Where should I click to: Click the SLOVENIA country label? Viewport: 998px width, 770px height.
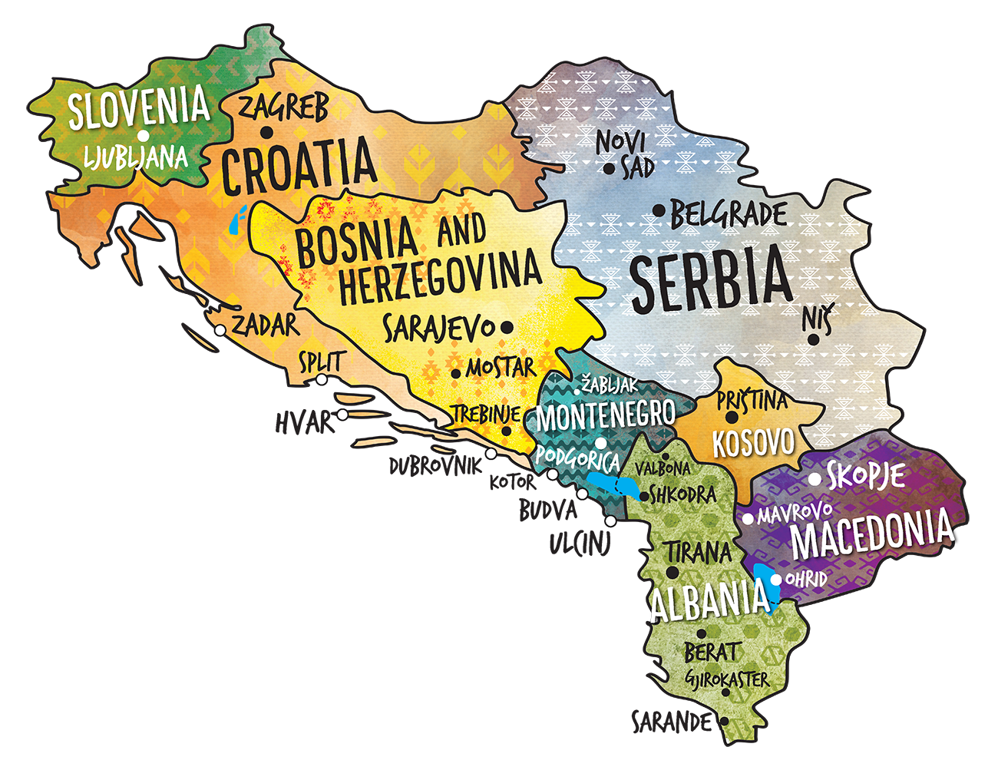[138, 107]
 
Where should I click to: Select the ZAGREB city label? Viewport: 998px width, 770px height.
[284, 107]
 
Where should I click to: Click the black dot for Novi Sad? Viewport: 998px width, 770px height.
[609, 169]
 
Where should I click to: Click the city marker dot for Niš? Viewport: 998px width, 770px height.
[812, 339]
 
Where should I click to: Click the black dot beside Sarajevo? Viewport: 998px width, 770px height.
[507, 327]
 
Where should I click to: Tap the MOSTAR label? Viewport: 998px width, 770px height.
[501, 368]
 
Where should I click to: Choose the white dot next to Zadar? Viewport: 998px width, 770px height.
[220, 331]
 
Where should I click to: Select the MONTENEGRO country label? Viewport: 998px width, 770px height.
[606, 415]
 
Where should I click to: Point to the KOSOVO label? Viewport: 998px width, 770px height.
[752, 444]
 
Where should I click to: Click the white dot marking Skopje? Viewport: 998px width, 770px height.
[815, 480]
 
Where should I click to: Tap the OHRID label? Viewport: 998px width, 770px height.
[806, 579]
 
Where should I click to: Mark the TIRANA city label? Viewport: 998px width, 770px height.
[698, 552]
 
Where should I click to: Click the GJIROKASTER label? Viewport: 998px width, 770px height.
[725, 679]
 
